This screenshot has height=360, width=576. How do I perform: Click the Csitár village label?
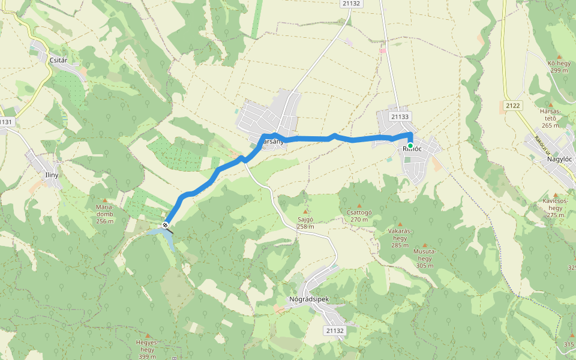pos(58,60)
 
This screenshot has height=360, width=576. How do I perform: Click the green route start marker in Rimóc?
pos(410,146)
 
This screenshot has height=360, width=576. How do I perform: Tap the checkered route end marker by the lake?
pos(166,225)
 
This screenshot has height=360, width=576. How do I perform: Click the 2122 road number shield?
pos(513,106)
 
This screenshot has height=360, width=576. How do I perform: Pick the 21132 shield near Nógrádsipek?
pos(335,331)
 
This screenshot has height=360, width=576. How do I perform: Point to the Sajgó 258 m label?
pos(305,223)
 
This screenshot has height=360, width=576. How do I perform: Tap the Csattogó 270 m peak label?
pos(359,215)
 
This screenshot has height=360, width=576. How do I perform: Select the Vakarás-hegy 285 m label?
pos(400,237)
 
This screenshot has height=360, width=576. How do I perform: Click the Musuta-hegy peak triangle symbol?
pos(425,245)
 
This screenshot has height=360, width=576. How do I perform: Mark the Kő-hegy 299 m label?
pos(558,66)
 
